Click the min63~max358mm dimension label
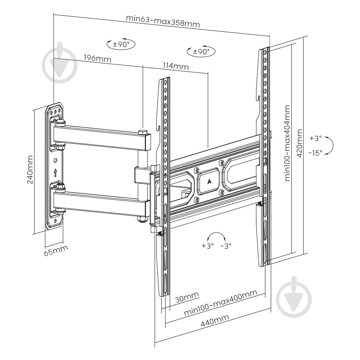[163, 21]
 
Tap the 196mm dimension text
[97, 58]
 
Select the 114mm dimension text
[175, 66]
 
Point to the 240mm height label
[30, 170]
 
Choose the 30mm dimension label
[187, 298]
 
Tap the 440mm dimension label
[215, 320]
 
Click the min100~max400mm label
[221, 303]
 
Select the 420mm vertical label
[299, 143]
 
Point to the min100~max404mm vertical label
[287, 143]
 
